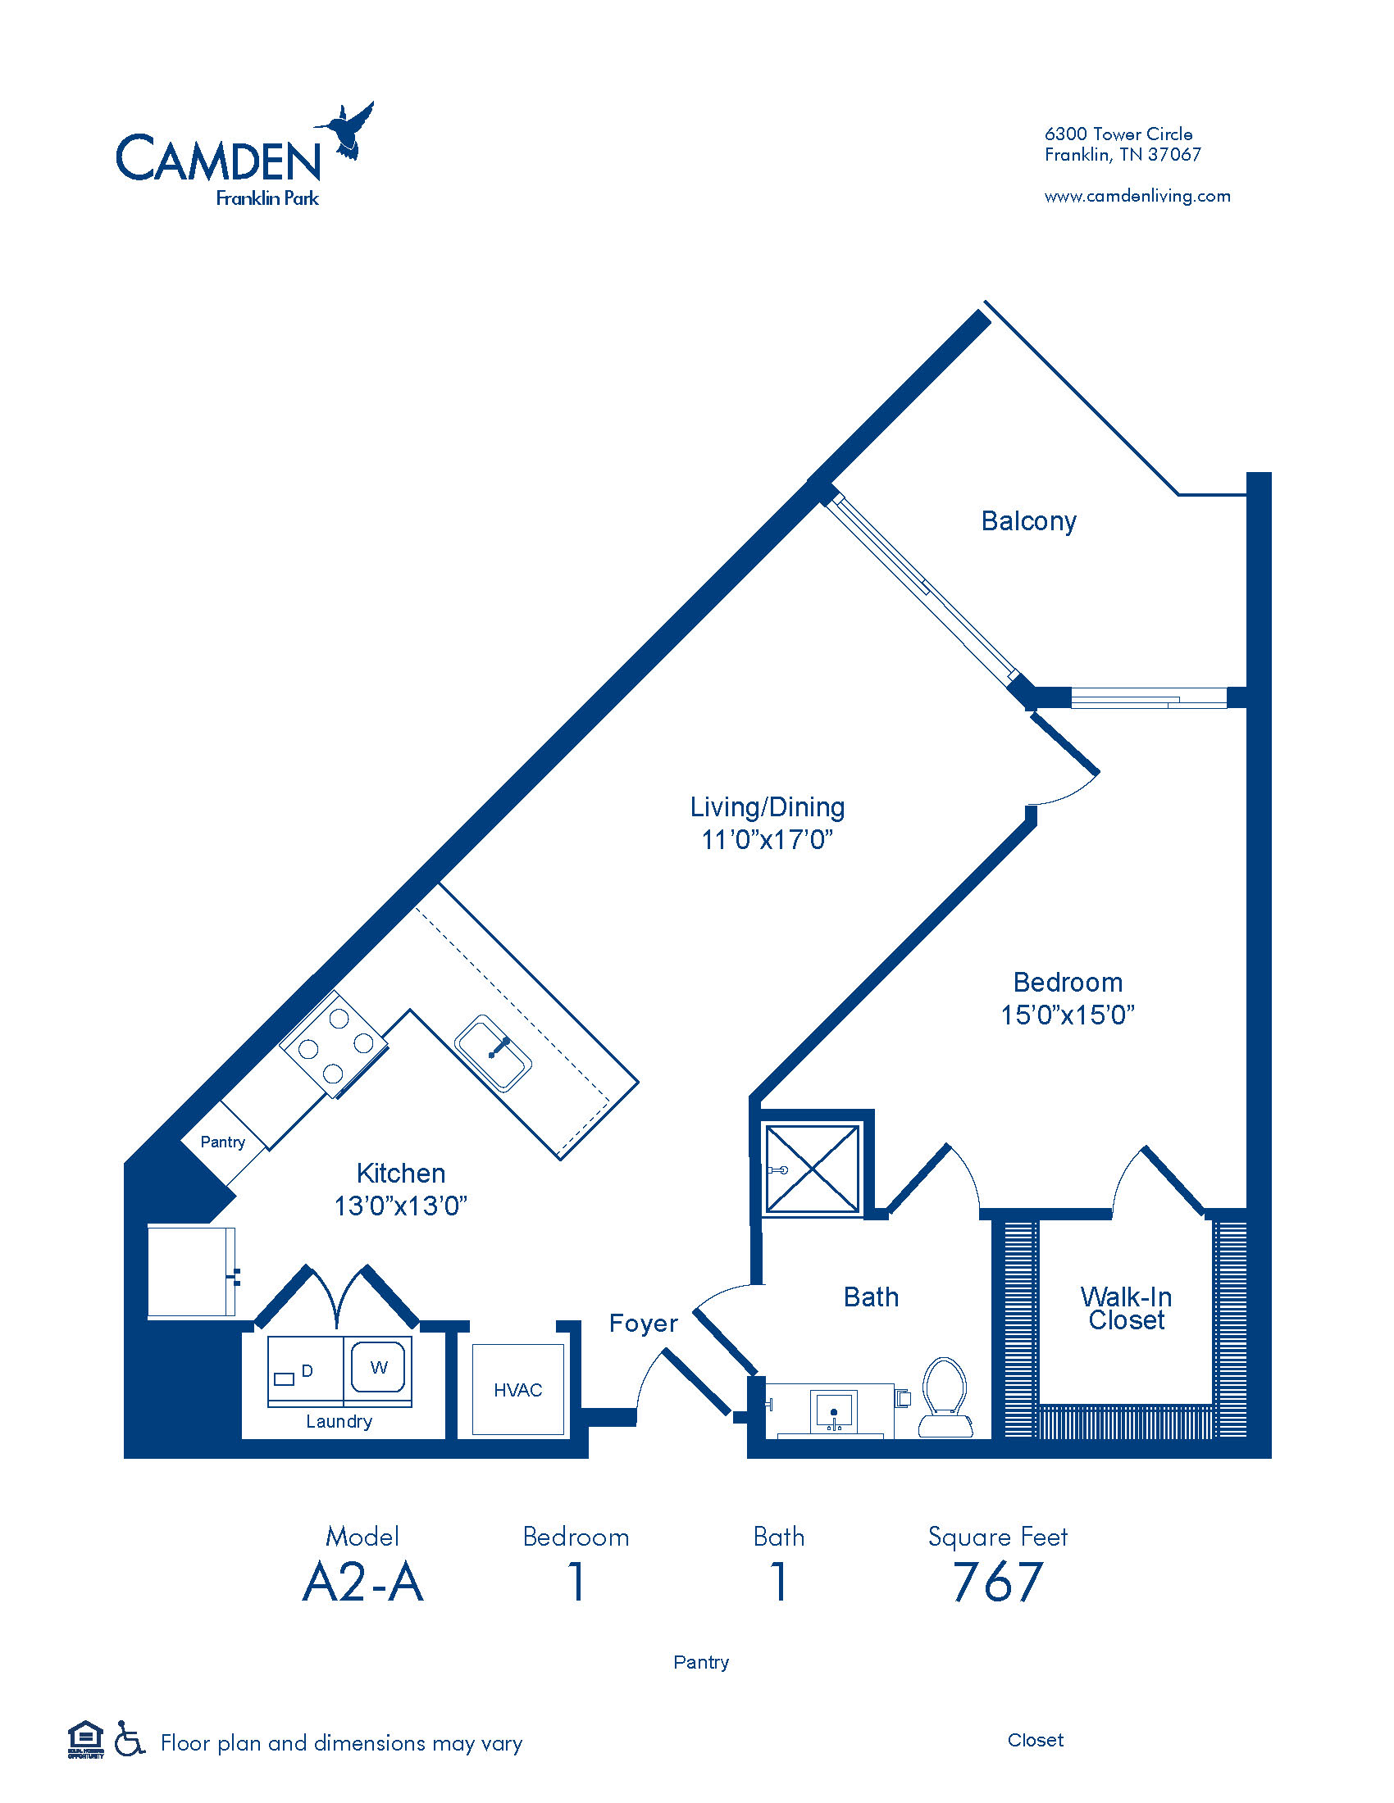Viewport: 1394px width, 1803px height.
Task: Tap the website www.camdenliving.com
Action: (x=1137, y=197)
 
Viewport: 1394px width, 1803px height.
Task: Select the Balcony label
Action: (x=1028, y=521)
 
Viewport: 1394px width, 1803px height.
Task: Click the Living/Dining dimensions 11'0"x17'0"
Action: (x=768, y=839)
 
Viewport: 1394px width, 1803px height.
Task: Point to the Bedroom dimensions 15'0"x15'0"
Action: (x=1068, y=1015)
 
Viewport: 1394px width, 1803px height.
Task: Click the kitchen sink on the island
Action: (x=493, y=1053)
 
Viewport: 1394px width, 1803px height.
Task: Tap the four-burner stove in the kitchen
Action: (x=335, y=1045)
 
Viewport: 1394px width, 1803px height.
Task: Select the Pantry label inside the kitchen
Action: (x=223, y=1142)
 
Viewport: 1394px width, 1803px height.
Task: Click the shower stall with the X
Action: (x=813, y=1169)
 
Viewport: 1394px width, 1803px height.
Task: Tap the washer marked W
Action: (x=378, y=1368)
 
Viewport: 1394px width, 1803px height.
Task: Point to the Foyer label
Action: (x=644, y=1324)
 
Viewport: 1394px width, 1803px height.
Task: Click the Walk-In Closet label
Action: (x=1127, y=1308)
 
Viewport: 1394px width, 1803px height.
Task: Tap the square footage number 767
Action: (x=998, y=1582)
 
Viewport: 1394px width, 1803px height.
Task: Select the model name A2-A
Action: (x=363, y=1583)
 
